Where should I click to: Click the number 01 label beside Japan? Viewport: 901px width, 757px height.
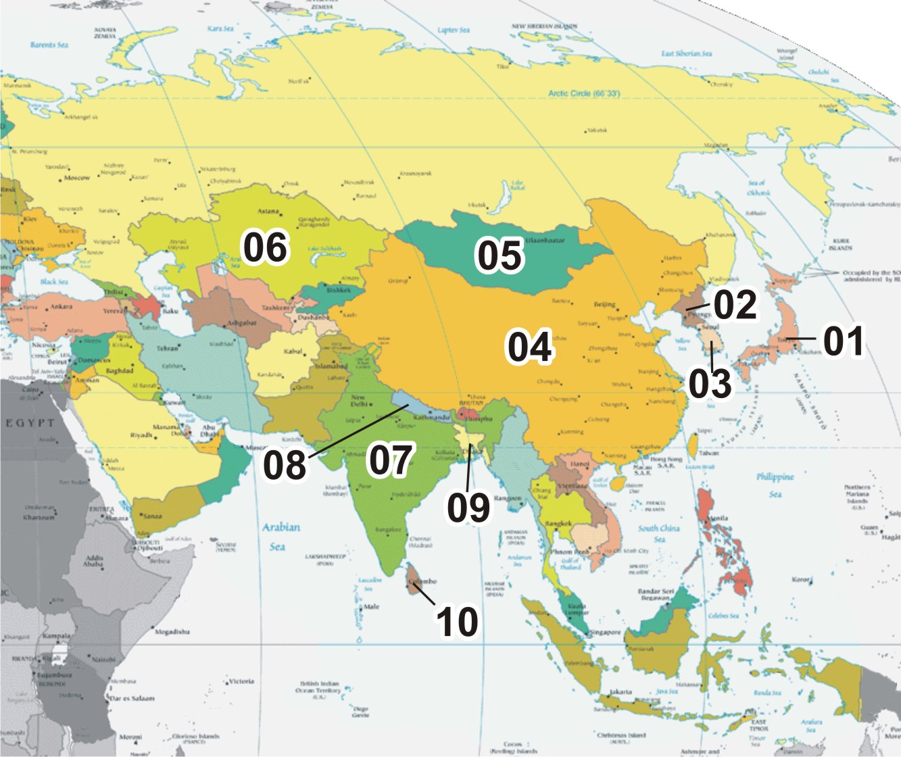(843, 341)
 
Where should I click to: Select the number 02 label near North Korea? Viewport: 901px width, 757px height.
(735, 305)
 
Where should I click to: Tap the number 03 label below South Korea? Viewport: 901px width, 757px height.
(710, 383)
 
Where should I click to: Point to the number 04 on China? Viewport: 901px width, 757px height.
(530, 347)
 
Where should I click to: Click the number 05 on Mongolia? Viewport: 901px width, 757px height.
(500, 255)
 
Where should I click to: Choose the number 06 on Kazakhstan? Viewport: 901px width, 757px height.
(266, 247)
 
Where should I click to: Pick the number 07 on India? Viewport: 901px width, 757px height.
(390, 460)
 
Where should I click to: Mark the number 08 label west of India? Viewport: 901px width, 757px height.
(285, 465)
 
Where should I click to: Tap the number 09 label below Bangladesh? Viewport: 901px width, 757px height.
(468, 507)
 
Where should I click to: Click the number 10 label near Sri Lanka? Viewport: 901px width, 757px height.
(458, 621)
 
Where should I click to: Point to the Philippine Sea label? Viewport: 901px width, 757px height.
(775, 485)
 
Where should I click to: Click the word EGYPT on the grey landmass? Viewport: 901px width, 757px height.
(30, 423)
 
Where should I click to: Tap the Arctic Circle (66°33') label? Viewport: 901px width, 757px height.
(583, 93)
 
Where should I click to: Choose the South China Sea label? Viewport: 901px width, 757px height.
(658, 533)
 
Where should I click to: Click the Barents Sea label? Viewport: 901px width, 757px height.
(49, 45)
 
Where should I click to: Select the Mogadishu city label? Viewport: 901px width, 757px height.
(172, 632)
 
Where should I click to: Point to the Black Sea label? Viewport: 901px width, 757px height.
(54, 281)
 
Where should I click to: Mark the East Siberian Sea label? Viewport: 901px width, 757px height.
(686, 53)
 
